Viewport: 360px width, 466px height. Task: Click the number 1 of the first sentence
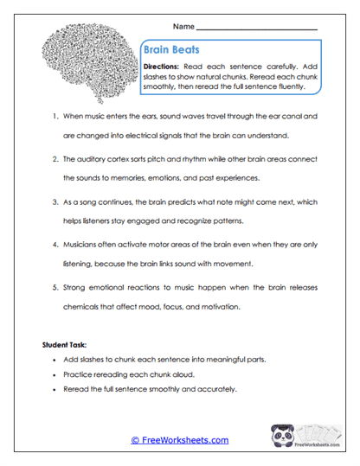coord(54,115)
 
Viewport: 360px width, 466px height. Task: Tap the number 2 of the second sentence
coord(54,159)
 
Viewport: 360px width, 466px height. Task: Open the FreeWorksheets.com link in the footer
coord(180,440)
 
